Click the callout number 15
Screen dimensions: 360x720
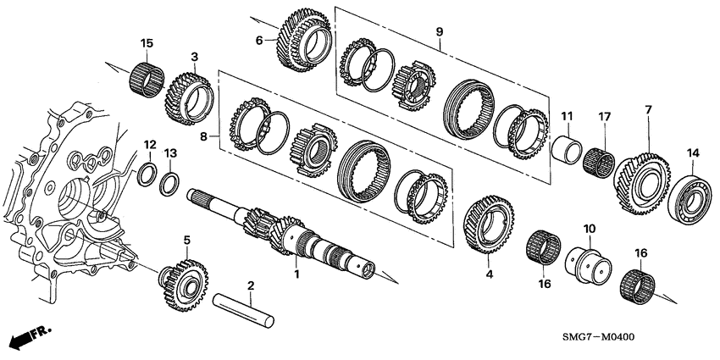[x=147, y=42]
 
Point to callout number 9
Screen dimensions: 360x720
[x=440, y=32]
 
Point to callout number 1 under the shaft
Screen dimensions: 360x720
[x=296, y=274]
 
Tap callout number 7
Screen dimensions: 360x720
[x=647, y=110]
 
